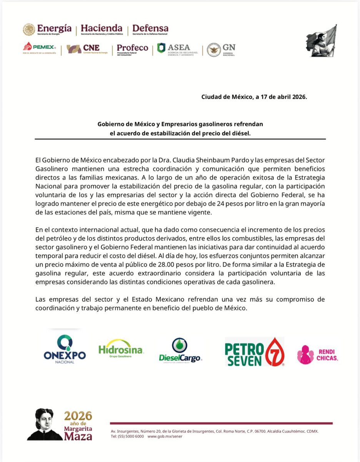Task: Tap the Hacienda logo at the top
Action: pyautogui.click(x=102, y=30)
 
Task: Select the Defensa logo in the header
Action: pyautogui.click(x=150, y=30)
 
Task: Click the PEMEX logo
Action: pyautogui.click(x=40, y=48)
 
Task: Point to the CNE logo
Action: pyautogui.click(x=83, y=49)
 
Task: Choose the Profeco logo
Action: pyautogui.click(x=132, y=49)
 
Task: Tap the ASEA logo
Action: pyautogui.click(x=177, y=49)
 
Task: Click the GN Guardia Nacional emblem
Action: pyautogui.click(x=221, y=49)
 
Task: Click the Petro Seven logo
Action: pyautogui.click(x=254, y=352)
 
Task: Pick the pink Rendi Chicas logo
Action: pyautogui.click(x=318, y=355)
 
